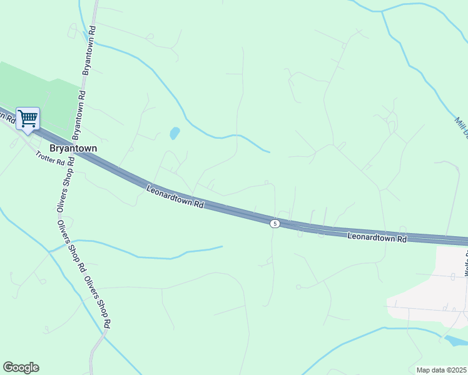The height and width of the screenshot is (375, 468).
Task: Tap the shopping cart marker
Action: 28,119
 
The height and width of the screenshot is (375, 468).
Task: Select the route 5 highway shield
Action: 275,223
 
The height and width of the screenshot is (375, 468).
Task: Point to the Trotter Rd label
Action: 50,159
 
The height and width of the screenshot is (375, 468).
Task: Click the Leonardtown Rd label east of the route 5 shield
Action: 377,237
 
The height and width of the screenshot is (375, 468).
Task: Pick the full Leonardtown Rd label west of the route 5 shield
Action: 175,196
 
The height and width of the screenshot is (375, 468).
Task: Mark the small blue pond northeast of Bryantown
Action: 175,133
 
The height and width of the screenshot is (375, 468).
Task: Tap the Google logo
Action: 21,367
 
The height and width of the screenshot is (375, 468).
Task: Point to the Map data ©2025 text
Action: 441,370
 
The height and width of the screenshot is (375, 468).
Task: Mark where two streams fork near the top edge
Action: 382,11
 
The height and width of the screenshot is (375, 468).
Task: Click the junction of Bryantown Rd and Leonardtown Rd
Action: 73,148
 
